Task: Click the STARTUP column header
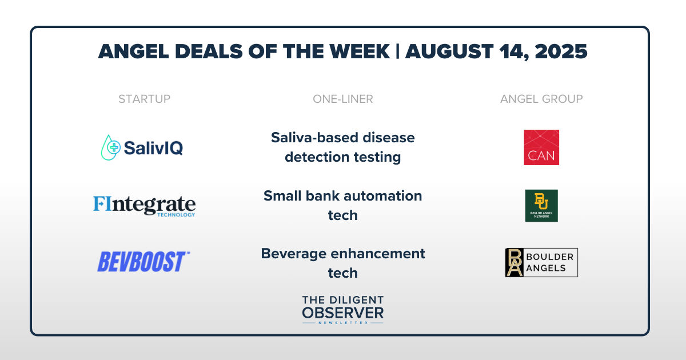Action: [x=144, y=99]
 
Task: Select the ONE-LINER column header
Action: [x=342, y=99]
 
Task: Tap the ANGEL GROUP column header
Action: [x=541, y=99]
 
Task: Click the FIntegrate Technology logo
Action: [x=144, y=206]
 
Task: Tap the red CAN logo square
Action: [x=541, y=147]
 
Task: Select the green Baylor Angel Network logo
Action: [x=541, y=206]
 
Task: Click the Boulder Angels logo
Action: [x=541, y=262]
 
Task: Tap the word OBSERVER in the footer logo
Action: [x=343, y=313]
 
